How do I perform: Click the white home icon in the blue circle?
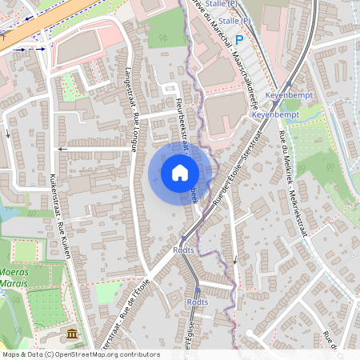tap(180, 173)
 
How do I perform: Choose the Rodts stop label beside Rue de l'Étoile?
tap(183, 250)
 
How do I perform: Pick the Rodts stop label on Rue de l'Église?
tap(197, 302)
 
